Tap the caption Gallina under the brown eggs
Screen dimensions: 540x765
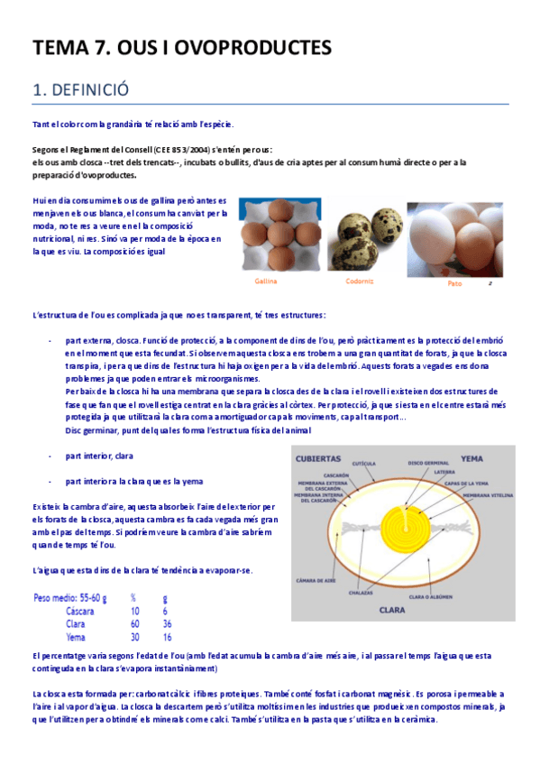pyautogui.click(x=265, y=281)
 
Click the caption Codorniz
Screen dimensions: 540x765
pyautogui.click(x=360, y=281)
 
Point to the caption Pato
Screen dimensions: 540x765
pyautogui.click(x=454, y=283)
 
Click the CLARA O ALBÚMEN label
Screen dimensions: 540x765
pyautogui.click(x=429, y=595)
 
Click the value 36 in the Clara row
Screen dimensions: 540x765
pyautogui.click(x=167, y=623)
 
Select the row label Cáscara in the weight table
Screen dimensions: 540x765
pyautogui.click(x=80, y=611)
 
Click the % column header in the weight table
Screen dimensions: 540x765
pyautogui.click(x=133, y=597)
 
